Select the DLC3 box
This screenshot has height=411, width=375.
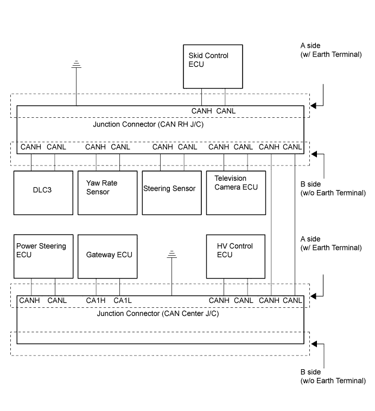[43, 193]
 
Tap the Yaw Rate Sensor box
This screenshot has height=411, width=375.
[107, 193]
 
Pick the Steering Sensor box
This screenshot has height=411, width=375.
[171, 193]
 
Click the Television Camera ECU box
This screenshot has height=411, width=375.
[236, 193]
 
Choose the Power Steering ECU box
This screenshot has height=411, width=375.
[43, 256]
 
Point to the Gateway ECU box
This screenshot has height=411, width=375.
[107, 256]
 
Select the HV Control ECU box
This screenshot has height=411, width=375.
[236, 256]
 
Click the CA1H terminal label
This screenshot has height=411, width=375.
[96, 301]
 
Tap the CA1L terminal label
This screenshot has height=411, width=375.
[123, 301]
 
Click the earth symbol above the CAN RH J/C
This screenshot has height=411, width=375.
[76, 66]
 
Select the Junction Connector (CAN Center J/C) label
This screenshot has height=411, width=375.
[157, 314]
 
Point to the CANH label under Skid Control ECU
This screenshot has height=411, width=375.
[202, 111]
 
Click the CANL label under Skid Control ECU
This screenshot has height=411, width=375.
[226, 111]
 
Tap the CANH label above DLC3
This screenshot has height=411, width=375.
[30, 147]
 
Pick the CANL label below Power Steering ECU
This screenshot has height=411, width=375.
[57, 301]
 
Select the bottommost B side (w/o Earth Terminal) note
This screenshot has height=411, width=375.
[333, 377]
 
